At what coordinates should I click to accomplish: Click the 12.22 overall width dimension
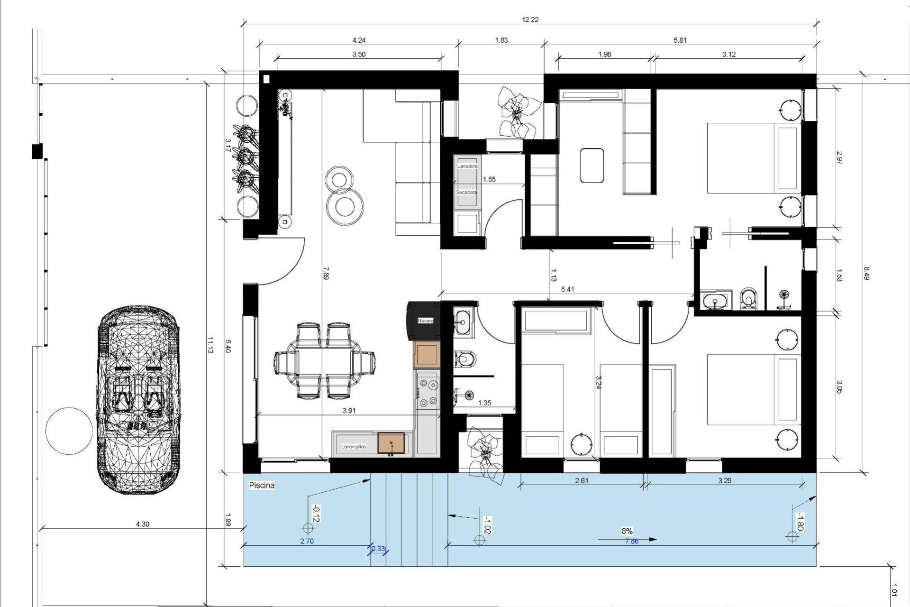point(530,20)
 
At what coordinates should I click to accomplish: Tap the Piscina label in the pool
point(262,486)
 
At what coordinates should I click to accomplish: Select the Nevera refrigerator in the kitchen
point(425,321)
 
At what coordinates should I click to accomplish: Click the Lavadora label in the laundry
point(467,166)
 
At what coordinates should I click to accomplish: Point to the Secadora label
point(466,193)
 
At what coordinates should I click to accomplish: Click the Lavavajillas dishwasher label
point(354,446)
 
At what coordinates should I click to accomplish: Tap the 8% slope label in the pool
point(627,531)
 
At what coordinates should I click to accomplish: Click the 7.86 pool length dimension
point(632,541)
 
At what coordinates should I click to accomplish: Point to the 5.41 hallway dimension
point(567,289)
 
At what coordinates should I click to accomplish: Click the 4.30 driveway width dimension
point(143,524)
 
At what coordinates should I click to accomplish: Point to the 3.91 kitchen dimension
point(349,411)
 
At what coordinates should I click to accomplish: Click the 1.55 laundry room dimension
point(489,179)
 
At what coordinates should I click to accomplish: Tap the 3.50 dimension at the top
point(359,54)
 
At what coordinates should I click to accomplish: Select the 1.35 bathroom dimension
point(484,403)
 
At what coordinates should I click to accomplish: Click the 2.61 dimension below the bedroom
point(582,480)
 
